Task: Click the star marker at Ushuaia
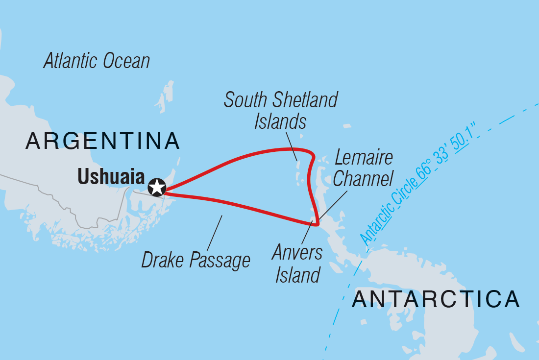coord(157,187)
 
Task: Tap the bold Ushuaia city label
coord(111,177)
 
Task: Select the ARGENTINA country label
coord(103,141)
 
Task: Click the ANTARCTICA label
coord(436,299)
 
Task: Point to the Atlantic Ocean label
coord(97,61)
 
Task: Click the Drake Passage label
coord(196,260)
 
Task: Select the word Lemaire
coord(364,158)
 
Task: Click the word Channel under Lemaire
coord(363,179)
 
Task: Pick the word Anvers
coord(298,253)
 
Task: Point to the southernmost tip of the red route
coord(317,225)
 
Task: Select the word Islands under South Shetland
coord(280,121)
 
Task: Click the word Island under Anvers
coord(297,275)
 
